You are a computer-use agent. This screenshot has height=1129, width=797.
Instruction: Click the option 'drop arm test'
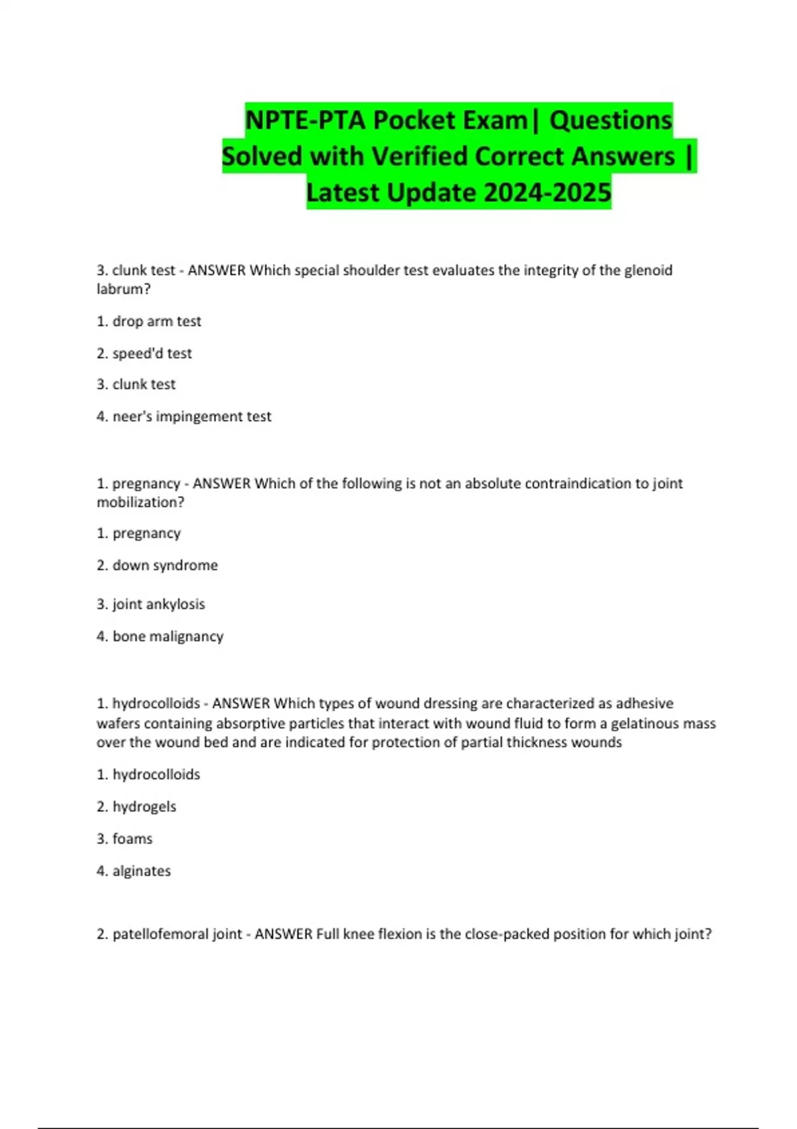click(149, 321)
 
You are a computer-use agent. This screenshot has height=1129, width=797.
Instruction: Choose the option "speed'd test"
click(144, 353)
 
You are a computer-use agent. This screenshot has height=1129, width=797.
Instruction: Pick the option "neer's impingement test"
click(184, 416)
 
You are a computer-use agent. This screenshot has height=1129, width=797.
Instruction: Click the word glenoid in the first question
click(648, 270)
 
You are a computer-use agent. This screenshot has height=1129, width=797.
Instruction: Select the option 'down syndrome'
click(157, 565)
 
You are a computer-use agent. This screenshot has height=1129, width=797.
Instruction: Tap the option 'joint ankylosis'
click(151, 604)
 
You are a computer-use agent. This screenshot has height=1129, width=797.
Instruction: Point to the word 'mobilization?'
click(140, 502)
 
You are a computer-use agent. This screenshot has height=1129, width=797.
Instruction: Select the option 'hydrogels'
click(137, 807)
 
